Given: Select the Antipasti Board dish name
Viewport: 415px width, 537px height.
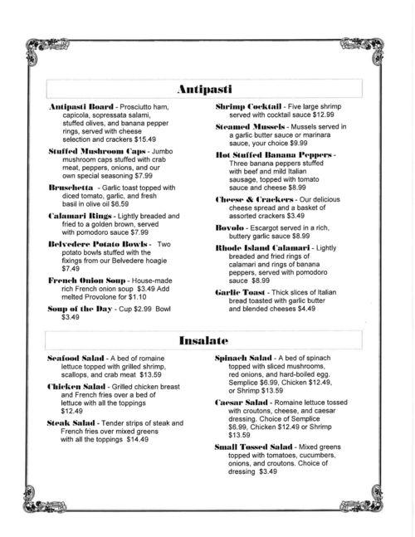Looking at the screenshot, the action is [x=79, y=109].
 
